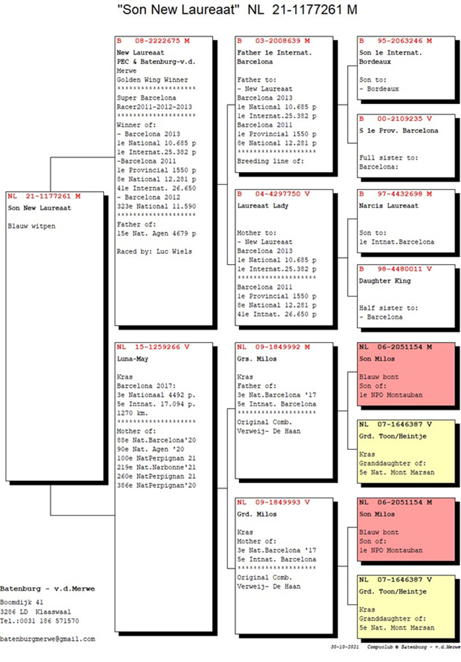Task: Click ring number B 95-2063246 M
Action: [x=395, y=41]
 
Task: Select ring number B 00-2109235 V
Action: [x=395, y=119]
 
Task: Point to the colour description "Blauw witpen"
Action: [x=31, y=226]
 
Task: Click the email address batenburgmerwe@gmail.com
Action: [x=47, y=638]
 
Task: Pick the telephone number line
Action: [x=40, y=621]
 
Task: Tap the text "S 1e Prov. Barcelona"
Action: [x=398, y=130]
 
